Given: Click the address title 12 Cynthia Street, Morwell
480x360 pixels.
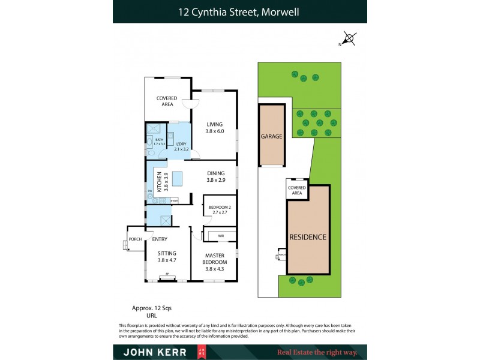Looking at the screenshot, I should (239, 11).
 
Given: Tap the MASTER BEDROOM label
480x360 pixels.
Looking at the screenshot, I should (214, 259).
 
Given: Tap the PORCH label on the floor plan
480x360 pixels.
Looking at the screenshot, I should (136, 239).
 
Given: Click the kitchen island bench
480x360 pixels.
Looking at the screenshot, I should (178, 179).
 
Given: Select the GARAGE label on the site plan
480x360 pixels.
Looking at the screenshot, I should (271, 136).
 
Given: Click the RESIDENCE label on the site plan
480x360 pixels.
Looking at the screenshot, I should (308, 237).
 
